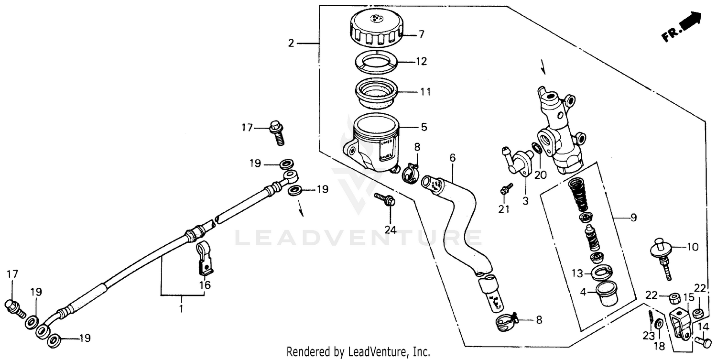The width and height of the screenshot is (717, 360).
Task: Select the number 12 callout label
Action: (421, 62)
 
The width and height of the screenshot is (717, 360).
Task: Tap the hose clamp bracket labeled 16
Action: (205, 259)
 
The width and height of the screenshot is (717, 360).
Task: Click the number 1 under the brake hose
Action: (181, 309)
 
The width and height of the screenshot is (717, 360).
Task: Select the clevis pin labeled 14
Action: (700, 341)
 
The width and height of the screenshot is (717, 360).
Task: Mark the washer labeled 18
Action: (659, 324)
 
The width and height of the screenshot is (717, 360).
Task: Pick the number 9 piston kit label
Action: (633, 218)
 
